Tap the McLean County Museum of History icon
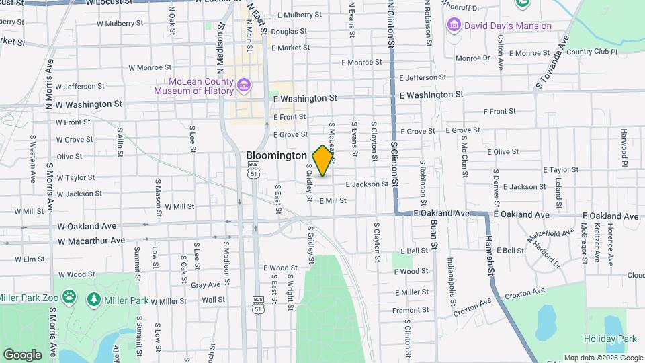point(243,85)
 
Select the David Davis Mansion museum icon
point(454,26)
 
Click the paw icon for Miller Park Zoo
point(69,296)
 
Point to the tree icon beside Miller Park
point(94,300)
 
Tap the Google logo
point(22,355)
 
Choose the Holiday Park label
point(609,339)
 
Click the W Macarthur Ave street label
point(91,241)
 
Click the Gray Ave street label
point(206,285)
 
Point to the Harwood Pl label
point(623,148)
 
